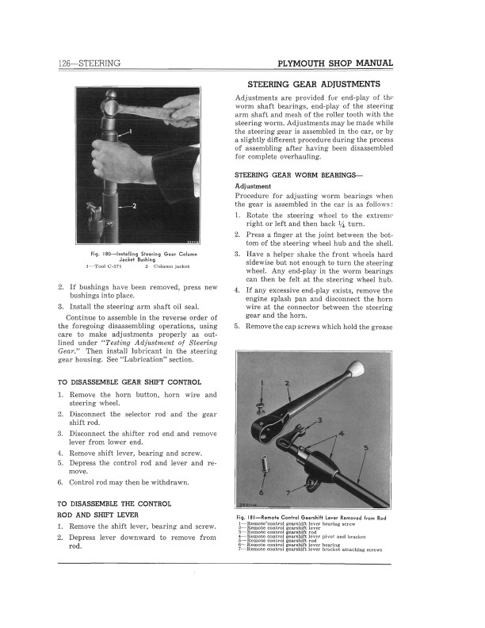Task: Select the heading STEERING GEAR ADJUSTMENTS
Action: [x=313, y=83]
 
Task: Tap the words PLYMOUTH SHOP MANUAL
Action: [x=331, y=63]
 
